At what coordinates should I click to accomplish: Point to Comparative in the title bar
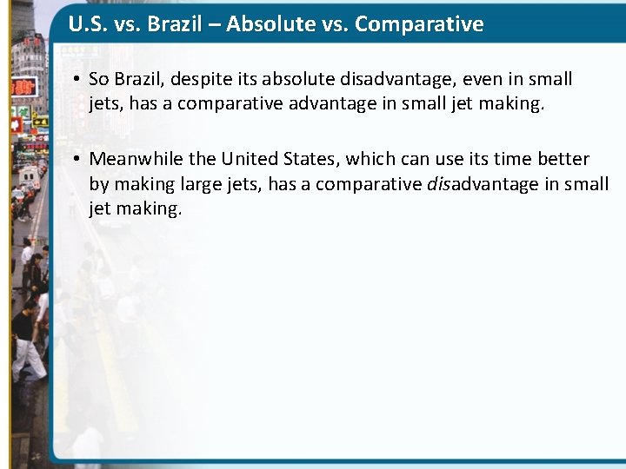point(419,23)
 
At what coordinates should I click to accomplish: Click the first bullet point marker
point(77,80)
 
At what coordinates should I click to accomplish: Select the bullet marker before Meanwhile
point(77,160)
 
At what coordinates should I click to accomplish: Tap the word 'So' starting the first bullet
point(98,80)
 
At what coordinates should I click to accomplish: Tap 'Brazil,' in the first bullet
point(141,80)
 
